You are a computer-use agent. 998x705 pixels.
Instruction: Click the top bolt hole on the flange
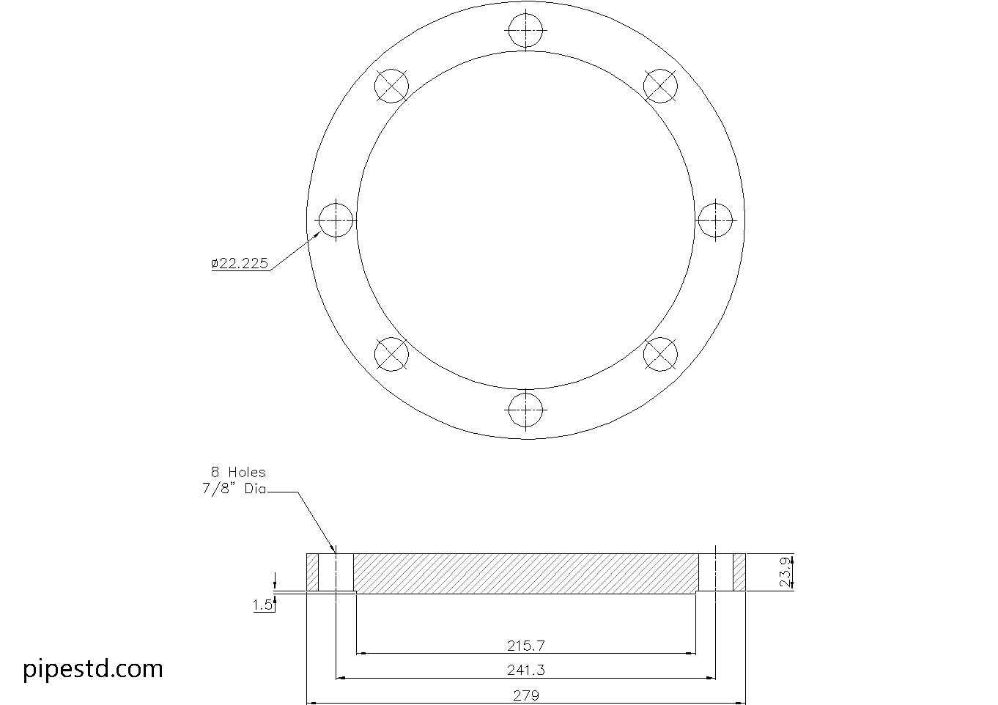525,30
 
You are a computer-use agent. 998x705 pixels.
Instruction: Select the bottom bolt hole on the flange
525,409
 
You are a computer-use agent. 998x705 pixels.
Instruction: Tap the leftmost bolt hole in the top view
336,220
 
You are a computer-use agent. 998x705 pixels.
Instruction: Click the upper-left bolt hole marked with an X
391,86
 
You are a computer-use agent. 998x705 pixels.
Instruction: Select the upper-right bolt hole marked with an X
659,86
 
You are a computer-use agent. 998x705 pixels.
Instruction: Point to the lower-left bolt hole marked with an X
391,354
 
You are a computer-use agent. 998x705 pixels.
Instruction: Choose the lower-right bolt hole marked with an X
659,354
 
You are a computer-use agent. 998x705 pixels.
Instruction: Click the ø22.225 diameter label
240,263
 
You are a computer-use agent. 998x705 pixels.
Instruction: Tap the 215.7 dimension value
525,646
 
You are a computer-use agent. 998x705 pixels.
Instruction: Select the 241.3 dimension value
525,670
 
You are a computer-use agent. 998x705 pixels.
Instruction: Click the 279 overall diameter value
525,695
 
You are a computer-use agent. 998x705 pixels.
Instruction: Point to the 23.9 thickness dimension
786,572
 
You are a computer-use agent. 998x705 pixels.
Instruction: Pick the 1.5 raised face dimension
262,605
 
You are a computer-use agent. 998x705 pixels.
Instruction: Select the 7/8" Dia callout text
234,489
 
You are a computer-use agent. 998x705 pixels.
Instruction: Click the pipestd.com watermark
93,668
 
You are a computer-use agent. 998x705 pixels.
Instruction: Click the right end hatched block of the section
739,572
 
